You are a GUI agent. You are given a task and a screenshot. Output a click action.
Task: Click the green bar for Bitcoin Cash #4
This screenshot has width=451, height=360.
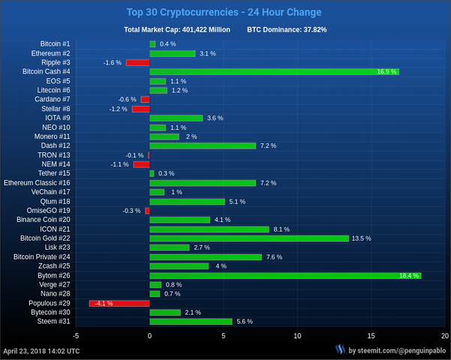tap(274, 72)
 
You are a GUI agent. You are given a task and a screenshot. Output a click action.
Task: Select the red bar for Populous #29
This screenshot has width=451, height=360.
tap(119, 303)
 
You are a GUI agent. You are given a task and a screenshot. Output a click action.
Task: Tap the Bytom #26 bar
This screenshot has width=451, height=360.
tap(285, 275)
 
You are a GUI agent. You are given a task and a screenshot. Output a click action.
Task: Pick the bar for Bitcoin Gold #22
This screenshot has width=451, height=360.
tap(249, 238)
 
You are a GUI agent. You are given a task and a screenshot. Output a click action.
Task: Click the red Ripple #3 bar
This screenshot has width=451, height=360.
tap(137, 63)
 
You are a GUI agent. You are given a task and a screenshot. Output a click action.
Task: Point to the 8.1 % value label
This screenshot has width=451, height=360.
tap(281, 229)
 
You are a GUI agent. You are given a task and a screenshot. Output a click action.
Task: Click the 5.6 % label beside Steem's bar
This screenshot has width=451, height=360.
tap(244, 322)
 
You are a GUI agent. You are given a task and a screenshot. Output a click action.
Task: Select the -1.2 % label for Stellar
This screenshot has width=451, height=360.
tap(119, 109)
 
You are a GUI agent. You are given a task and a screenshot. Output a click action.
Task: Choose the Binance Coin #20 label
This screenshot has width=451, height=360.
tap(43, 220)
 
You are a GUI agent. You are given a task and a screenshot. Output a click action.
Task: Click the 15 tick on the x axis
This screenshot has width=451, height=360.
tap(371, 335)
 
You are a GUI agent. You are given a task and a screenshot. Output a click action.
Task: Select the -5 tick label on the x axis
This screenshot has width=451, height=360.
tap(76, 335)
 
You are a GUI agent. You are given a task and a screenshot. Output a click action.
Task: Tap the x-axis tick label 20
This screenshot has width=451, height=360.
tap(444, 335)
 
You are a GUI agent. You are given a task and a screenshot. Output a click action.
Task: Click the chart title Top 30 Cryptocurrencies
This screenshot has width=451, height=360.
tap(224, 12)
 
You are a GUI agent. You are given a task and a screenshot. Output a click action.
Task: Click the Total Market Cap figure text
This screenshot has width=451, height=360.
tap(177, 30)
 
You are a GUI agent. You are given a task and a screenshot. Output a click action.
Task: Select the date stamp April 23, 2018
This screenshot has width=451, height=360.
tap(42, 350)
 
